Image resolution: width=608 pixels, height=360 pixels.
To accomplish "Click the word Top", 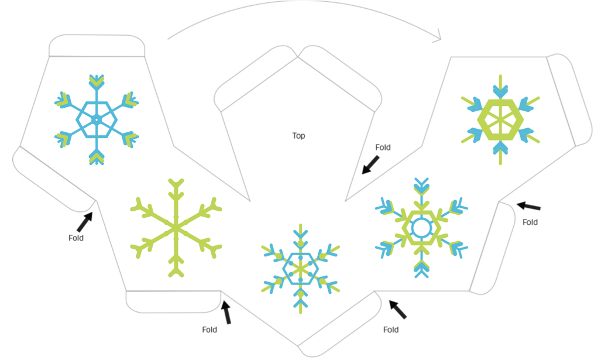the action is (298, 136).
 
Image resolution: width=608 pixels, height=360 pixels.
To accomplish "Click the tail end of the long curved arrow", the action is (168, 39).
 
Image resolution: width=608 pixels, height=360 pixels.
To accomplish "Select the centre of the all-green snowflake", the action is (176, 228).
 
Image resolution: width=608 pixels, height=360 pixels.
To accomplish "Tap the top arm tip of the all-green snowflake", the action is (176, 180).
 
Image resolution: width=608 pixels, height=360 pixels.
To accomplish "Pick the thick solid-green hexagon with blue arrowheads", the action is (500, 120).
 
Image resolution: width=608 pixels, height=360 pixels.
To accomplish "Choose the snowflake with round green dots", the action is (301, 269).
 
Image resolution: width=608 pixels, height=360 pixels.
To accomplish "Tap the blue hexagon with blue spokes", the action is (97, 119).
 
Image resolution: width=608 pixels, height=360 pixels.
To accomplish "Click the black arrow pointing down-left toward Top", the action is (370, 165).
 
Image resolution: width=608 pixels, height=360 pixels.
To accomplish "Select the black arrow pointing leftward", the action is (528, 206).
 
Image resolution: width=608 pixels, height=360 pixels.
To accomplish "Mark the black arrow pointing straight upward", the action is (226, 312).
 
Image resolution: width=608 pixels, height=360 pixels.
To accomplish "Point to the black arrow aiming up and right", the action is (84, 222).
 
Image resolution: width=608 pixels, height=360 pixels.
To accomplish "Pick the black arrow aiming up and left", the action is (398, 310).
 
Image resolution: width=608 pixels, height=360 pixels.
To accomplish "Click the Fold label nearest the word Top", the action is (383, 148).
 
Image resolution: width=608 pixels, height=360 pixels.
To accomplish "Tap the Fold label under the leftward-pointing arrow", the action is (530, 222).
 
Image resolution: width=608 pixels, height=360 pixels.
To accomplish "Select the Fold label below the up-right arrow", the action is (76, 238).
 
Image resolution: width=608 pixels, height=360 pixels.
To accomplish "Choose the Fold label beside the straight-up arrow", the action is (209, 330).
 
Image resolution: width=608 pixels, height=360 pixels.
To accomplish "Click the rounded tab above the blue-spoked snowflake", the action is (97, 46).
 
